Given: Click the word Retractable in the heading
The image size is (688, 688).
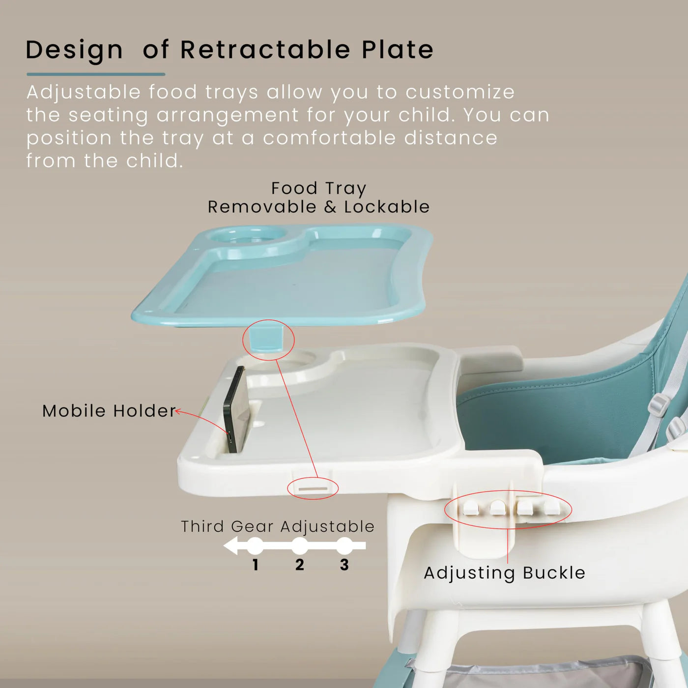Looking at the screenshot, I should [265, 50].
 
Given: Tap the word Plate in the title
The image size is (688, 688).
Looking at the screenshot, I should [398, 50].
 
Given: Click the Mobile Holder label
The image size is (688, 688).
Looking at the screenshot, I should [109, 411].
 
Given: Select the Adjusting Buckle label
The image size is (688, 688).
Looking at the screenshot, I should [504, 573].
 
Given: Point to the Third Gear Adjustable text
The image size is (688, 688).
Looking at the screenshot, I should [278, 526].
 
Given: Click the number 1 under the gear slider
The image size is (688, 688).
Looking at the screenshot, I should [256, 565].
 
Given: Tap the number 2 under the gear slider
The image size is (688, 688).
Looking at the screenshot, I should [300, 565].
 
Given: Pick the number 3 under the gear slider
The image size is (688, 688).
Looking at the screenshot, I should [344, 565].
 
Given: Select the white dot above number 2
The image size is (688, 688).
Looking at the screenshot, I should [300, 545].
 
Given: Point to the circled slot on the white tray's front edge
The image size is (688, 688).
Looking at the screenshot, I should [313, 489].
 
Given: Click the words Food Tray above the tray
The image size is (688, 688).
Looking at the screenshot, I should [318, 188].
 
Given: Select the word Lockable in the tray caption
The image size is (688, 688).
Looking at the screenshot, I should [387, 207].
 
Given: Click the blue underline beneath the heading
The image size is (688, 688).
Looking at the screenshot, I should [96, 74].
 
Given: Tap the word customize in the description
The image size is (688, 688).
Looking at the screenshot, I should [460, 92].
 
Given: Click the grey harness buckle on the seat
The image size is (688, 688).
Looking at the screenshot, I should [659, 406].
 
